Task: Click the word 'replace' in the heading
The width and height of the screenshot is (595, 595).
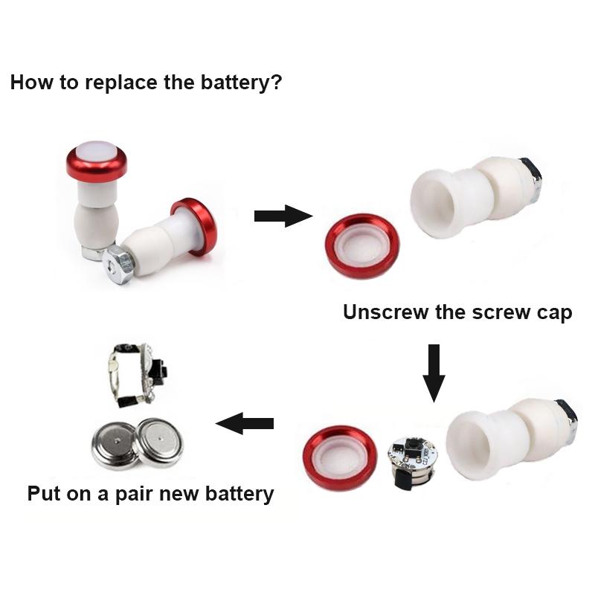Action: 120,82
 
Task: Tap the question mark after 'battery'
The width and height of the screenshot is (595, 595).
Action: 276,82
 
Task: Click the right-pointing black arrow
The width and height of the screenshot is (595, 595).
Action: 283,216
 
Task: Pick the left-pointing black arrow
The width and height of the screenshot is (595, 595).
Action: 245,424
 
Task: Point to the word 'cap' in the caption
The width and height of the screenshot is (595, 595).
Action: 555,313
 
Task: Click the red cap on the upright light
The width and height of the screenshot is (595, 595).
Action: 96,161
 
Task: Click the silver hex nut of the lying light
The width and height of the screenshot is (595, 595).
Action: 120,260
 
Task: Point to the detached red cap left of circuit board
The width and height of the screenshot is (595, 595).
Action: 341,457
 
